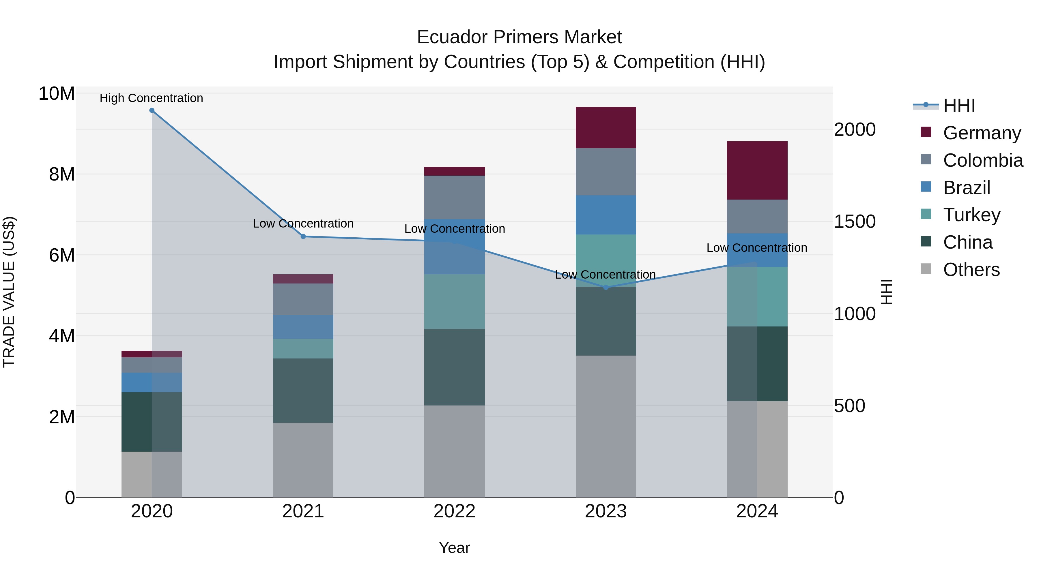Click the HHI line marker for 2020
click(152, 110)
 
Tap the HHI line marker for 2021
click(303, 236)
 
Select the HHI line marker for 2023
click(606, 287)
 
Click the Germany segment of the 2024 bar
click(757, 170)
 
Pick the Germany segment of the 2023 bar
click(606, 128)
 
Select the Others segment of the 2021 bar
click(303, 460)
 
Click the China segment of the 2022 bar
click(454, 367)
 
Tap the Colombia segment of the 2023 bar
click(606, 172)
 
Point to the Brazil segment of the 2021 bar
click(303, 327)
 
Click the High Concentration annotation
click(151, 98)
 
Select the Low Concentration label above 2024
click(757, 248)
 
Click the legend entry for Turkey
click(972, 215)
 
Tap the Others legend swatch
click(926, 269)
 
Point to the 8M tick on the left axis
click(61, 174)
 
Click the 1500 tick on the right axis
click(855, 222)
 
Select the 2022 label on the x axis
click(454, 511)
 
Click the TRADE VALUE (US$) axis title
click(9, 292)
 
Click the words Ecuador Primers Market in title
click(519, 37)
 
